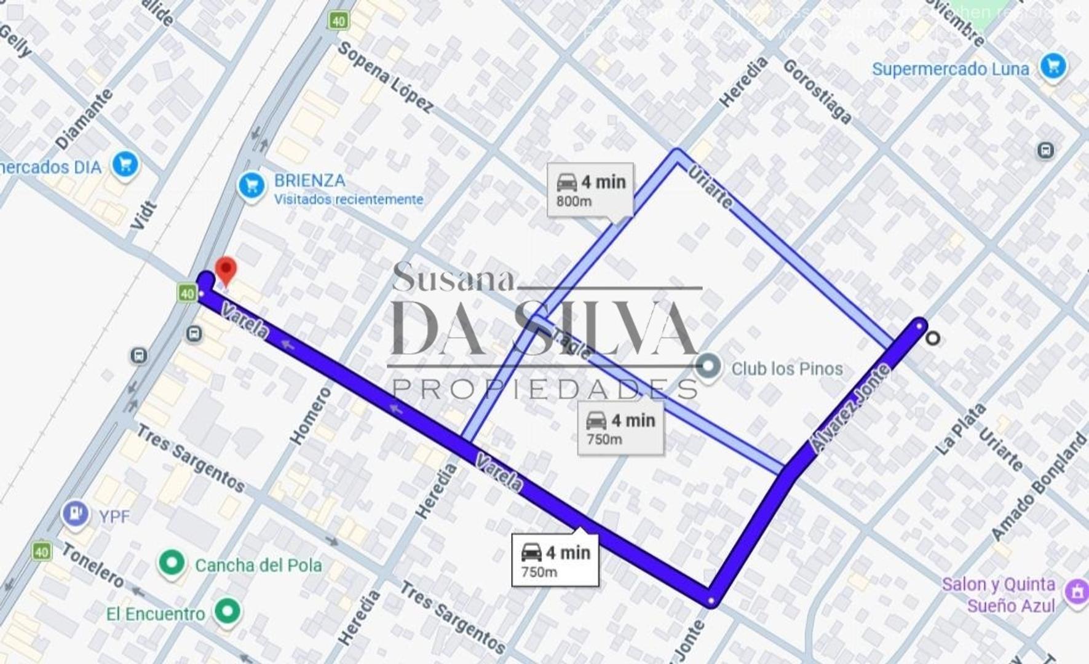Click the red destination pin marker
pos(226,271)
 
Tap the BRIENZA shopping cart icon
pos(251,184)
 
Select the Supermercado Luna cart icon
pos(1053,66)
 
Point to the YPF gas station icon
pos(76,513)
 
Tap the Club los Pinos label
pos(786,369)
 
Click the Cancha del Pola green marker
pos(172,563)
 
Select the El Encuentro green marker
pos(228,611)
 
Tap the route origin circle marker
pos(932,338)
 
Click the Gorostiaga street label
pos(817,92)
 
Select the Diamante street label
pos(84,119)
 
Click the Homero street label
pos(311,416)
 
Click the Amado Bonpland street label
pos(1040,486)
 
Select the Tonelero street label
pos(93,565)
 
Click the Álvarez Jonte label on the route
pos(850,408)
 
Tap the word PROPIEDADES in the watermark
pos(545,389)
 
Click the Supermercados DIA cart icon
pos(125,165)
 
